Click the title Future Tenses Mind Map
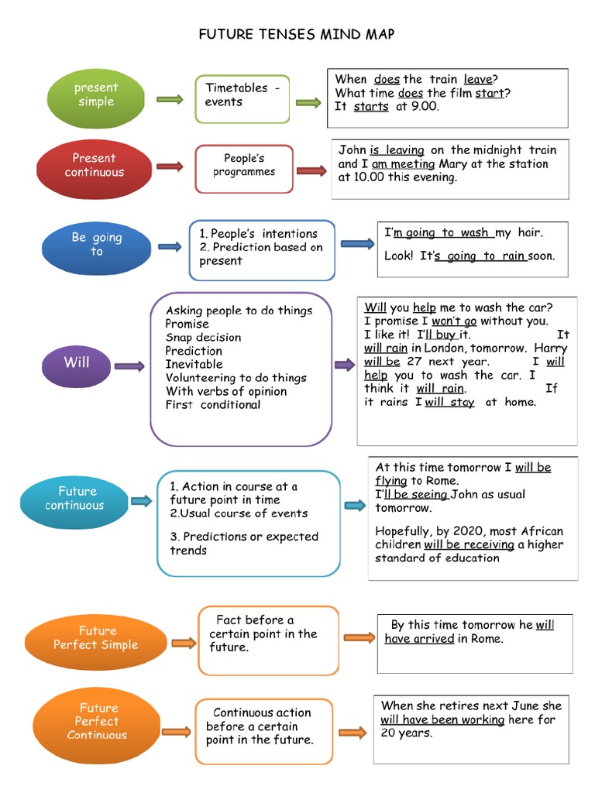(297, 34)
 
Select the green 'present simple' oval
(96, 94)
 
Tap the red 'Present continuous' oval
(94, 165)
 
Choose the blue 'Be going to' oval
(97, 245)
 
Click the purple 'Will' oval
(77, 362)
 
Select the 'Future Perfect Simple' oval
(96, 637)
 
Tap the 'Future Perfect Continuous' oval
(97, 721)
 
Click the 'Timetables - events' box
(242, 98)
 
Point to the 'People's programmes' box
(244, 165)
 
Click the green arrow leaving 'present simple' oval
(170, 99)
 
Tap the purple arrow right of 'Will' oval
(129, 366)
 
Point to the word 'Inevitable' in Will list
(194, 364)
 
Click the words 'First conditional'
(213, 404)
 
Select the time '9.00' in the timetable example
(423, 107)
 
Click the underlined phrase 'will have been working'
(442, 719)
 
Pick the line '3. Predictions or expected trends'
(244, 544)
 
